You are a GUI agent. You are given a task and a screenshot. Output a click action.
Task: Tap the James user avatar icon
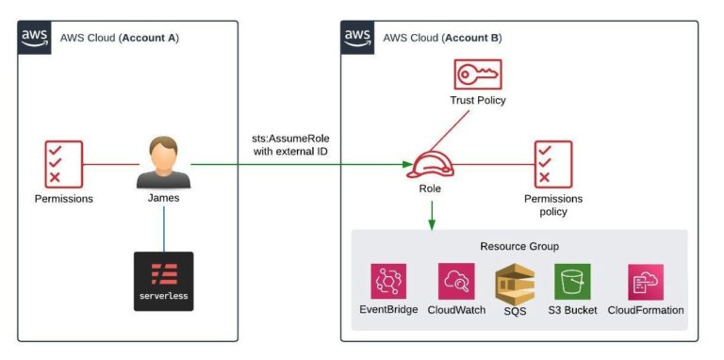pos(164,163)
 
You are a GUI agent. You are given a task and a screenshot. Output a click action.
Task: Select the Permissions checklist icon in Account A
pos(64,163)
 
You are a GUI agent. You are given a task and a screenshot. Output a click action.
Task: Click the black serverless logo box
pos(164,281)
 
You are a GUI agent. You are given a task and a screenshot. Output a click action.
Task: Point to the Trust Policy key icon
pos(478,74)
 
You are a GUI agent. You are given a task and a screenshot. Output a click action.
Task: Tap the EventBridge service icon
pos(388,281)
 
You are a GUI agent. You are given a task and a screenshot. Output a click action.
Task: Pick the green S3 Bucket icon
pos(572,281)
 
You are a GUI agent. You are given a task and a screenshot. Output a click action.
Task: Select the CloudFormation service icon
pos(646,281)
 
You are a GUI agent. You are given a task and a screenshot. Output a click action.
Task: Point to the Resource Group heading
pos(518,246)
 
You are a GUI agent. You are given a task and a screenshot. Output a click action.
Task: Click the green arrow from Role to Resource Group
pos(431,214)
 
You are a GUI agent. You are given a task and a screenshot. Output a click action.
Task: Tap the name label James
pos(164,200)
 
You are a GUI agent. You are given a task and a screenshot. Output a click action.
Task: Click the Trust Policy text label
pos(478,100)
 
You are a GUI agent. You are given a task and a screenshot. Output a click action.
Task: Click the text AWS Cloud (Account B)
pos(442,38)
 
